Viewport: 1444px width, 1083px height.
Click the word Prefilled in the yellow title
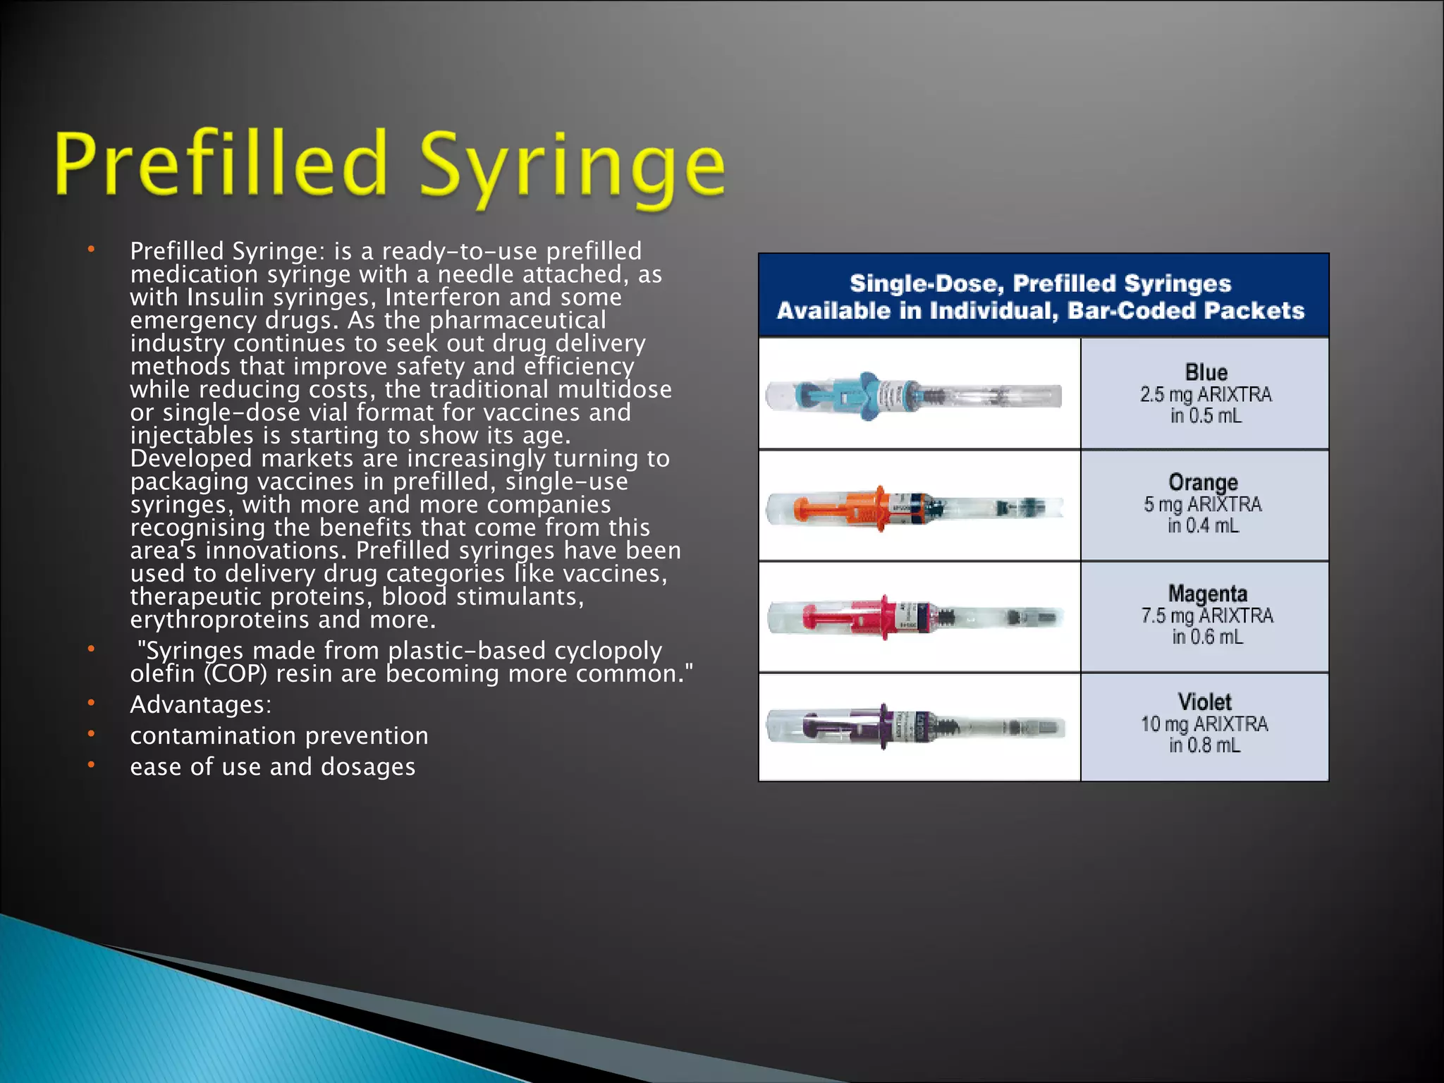[221, 164]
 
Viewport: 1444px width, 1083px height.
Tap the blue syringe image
[914, 395]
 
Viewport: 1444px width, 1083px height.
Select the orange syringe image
[914, 506]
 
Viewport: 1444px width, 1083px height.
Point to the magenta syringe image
[914, 617]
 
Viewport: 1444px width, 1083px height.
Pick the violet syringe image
[914, 727]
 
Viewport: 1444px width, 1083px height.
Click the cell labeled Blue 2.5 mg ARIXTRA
[1205, 393]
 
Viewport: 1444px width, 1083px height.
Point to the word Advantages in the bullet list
[201, 704]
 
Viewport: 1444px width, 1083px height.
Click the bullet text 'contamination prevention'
[279, 735]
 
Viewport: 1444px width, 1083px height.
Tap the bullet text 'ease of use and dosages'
[273, 766]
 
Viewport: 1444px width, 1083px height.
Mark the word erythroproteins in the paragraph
[220, 620]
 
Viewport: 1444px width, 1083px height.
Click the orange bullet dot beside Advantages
[91, 703]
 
